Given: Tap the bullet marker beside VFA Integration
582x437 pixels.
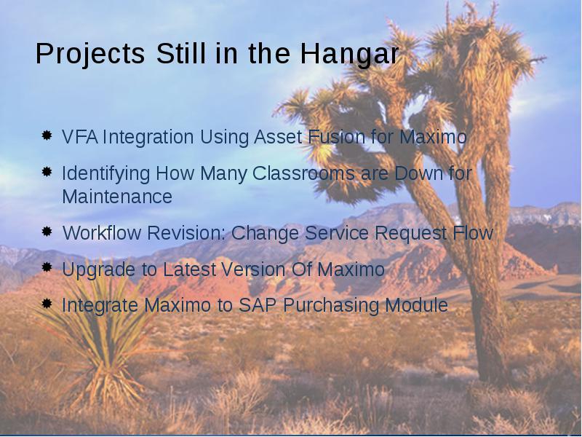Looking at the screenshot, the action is [47, 135].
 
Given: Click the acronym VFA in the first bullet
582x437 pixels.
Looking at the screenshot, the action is [80, 137].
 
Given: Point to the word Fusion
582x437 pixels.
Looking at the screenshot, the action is [336, 137].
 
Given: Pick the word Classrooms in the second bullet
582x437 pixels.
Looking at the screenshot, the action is [303, 173].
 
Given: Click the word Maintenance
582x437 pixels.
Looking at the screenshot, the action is [117, 197].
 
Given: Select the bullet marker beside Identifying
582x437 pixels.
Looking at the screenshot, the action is [47, 172].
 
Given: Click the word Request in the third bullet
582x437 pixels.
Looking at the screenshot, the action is [410, 233].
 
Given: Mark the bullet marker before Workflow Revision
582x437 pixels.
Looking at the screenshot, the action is [47, 232].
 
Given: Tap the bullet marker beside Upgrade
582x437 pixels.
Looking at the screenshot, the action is [47, 267].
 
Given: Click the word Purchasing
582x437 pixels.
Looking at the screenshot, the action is [331, 306].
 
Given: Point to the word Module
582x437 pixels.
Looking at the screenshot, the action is [416, 305].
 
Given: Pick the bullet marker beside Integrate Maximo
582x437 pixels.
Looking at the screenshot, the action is [47, 304].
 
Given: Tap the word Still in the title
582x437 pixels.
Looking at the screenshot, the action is [180, 54].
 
